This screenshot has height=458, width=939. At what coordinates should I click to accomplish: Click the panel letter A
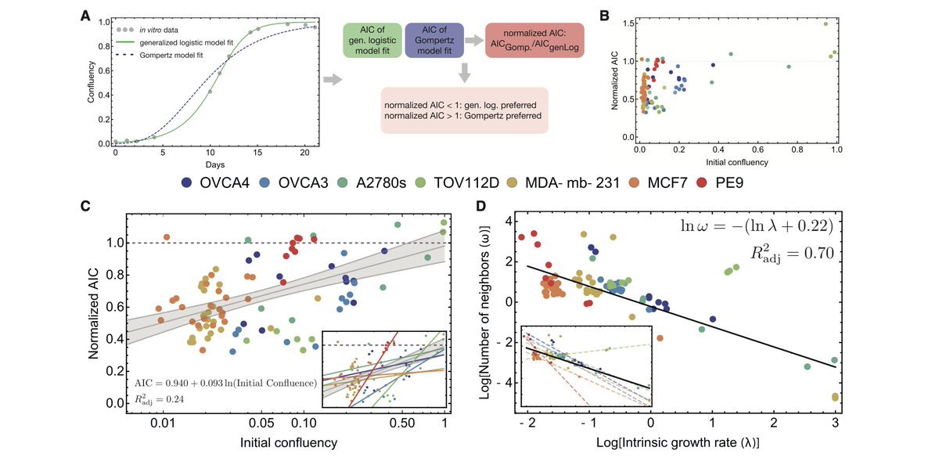[85, 16]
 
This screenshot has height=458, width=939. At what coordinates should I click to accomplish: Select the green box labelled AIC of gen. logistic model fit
[372, 40]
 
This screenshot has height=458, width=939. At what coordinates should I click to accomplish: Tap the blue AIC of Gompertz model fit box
[434, 40]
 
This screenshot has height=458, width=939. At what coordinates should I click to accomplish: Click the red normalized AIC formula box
[534, 40]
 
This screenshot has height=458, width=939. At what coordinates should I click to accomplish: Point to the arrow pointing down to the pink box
[465, 73]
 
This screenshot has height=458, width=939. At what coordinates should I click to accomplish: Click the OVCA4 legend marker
[187, 182]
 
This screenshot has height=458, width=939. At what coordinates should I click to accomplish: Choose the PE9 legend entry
[720, 182]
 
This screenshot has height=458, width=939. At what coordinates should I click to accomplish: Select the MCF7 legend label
[667, 182]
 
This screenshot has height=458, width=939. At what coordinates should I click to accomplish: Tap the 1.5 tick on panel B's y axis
[628, 23]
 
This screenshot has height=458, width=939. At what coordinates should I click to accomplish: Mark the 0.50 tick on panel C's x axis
[402, 422]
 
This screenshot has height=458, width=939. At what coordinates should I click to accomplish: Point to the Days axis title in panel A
[215, 165]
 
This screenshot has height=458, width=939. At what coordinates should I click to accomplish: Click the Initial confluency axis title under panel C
[289, 443]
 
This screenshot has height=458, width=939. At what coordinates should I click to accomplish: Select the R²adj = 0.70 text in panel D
[791, 254]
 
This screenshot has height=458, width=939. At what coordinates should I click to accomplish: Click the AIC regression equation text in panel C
[225, 383]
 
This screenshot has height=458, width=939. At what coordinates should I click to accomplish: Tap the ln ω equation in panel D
[757, 225]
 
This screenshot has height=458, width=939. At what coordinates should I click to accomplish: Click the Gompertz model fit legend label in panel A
[171, 56]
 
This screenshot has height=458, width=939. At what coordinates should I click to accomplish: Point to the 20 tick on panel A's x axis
[304, 153]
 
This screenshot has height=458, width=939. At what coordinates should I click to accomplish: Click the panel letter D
[482, 206]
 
